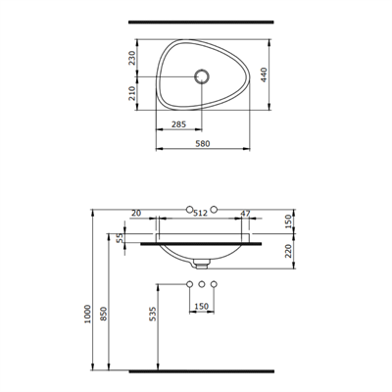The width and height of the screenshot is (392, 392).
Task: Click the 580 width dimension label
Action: click(x=204, y=144)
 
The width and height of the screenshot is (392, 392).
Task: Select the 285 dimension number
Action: click(x=179, y=124)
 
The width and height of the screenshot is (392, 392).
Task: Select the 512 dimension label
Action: click(x=203, y=212)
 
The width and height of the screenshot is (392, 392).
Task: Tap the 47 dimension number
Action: click(x=246, y=212)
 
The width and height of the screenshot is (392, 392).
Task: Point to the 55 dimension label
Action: click(x=121, y=238)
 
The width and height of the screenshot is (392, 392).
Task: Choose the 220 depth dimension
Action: click(x=288, y=250)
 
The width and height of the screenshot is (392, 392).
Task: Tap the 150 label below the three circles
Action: click(x=202, y=306)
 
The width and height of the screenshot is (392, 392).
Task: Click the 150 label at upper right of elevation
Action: click(x=288, y=221)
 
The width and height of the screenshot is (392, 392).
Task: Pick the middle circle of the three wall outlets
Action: click(x=202, y=284)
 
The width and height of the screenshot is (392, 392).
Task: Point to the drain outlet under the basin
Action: click(x=203, y=263)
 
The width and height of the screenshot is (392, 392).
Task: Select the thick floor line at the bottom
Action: click(x=202, y=372)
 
